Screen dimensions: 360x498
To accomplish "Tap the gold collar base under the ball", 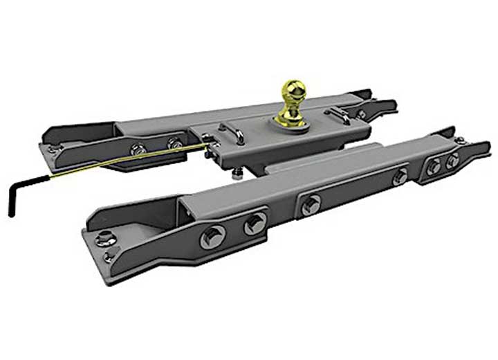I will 290,120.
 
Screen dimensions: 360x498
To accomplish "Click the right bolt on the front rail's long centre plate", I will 400,177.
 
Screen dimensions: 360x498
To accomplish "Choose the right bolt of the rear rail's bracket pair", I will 172,144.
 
